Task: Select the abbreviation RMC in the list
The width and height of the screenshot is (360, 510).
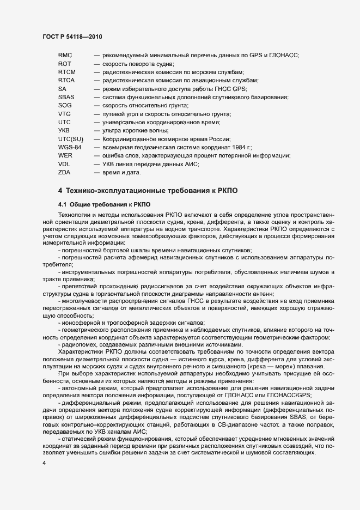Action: [65, 55]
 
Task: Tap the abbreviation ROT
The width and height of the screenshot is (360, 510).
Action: [64, 64]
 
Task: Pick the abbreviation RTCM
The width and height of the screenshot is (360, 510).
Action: [66, 72]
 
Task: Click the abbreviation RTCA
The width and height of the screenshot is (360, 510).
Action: [66, 80]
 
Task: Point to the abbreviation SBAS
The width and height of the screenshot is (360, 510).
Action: [66, 97]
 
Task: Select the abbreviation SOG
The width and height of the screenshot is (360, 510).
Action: [65, 105]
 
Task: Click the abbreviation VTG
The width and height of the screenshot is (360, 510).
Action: [64, 114]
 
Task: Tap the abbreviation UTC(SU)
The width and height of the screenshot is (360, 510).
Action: [70, 139]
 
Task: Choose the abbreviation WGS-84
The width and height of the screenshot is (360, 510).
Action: [70, 148]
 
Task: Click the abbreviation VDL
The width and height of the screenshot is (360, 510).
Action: [64, 164]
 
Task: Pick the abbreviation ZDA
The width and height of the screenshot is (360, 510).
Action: [64, 173]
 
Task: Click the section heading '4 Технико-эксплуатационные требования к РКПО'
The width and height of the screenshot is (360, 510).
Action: [148, 191]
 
